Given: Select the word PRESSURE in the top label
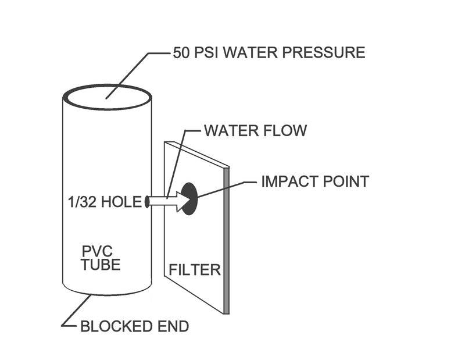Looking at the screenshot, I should pos(325,52).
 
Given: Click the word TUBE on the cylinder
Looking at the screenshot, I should pos(101,265).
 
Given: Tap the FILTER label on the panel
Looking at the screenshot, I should pos(194,270).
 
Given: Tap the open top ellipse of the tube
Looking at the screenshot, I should pos(108,96).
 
